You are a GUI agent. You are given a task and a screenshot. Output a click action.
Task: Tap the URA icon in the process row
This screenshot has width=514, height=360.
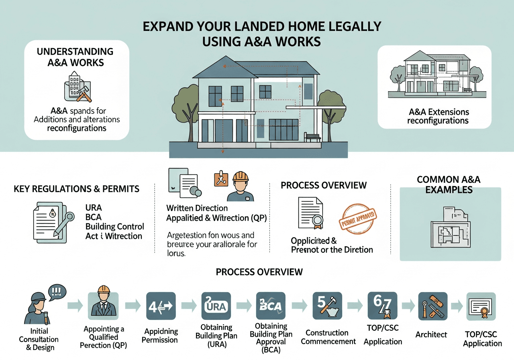[x=216, y=306]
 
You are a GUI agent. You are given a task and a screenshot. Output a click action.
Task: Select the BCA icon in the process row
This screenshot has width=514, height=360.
[x=271, y=306]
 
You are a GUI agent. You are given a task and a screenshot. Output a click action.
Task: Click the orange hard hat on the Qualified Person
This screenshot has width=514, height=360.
[x=104, y=289]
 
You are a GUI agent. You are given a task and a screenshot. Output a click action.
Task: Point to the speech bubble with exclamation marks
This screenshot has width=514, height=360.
[x=57, y=291]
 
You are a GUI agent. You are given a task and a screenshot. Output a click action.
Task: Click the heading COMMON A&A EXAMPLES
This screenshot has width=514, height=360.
[x=449, y=184]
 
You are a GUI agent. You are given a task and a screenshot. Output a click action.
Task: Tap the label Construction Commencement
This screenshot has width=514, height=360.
[x=328, y=337]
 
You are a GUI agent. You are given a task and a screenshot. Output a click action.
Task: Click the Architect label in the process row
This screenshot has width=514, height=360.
[x=431, y=334]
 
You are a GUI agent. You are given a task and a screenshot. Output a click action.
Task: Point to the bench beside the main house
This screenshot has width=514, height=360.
[x=313, y=138]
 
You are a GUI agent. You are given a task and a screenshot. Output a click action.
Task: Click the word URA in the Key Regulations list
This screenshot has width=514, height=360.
[x=94, y=208]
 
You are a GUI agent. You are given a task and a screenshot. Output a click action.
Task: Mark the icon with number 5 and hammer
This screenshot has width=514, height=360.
[x=326, y=306]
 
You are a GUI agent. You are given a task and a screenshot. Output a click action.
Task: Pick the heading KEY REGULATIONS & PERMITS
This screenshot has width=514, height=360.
[x=76, y=188]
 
